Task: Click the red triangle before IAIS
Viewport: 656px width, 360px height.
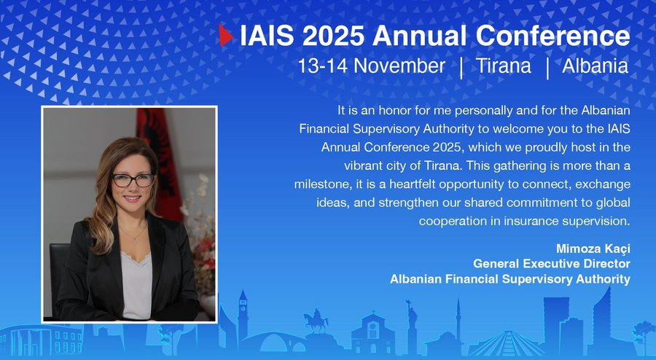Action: click(226, 35)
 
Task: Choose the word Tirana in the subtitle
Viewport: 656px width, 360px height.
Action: click(504, 66)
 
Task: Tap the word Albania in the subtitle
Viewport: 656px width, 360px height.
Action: click(596, 66)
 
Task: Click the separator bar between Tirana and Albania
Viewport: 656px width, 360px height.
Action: click(547, 66)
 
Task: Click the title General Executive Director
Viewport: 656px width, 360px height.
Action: click(552, 263)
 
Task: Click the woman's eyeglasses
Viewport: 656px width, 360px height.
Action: click(133, 179)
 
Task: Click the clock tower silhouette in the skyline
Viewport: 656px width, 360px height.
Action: click(243, 313)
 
